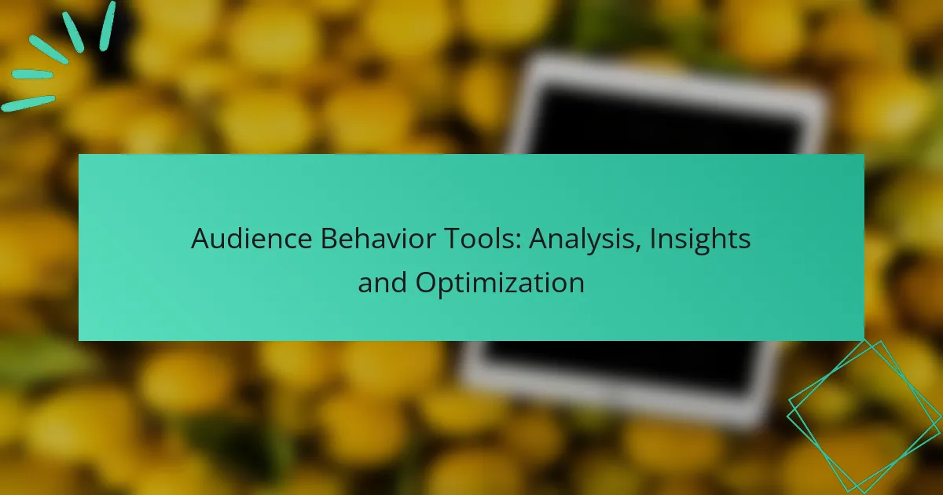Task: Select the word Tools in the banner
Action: pyautogui.click(x=482, y=239)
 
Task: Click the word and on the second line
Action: pyautogui.click(x=382, y=282)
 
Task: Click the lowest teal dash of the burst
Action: pyautogui.click(x=28, y=104)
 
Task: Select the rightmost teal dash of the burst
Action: pyautogui.click(x=108, y=26)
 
